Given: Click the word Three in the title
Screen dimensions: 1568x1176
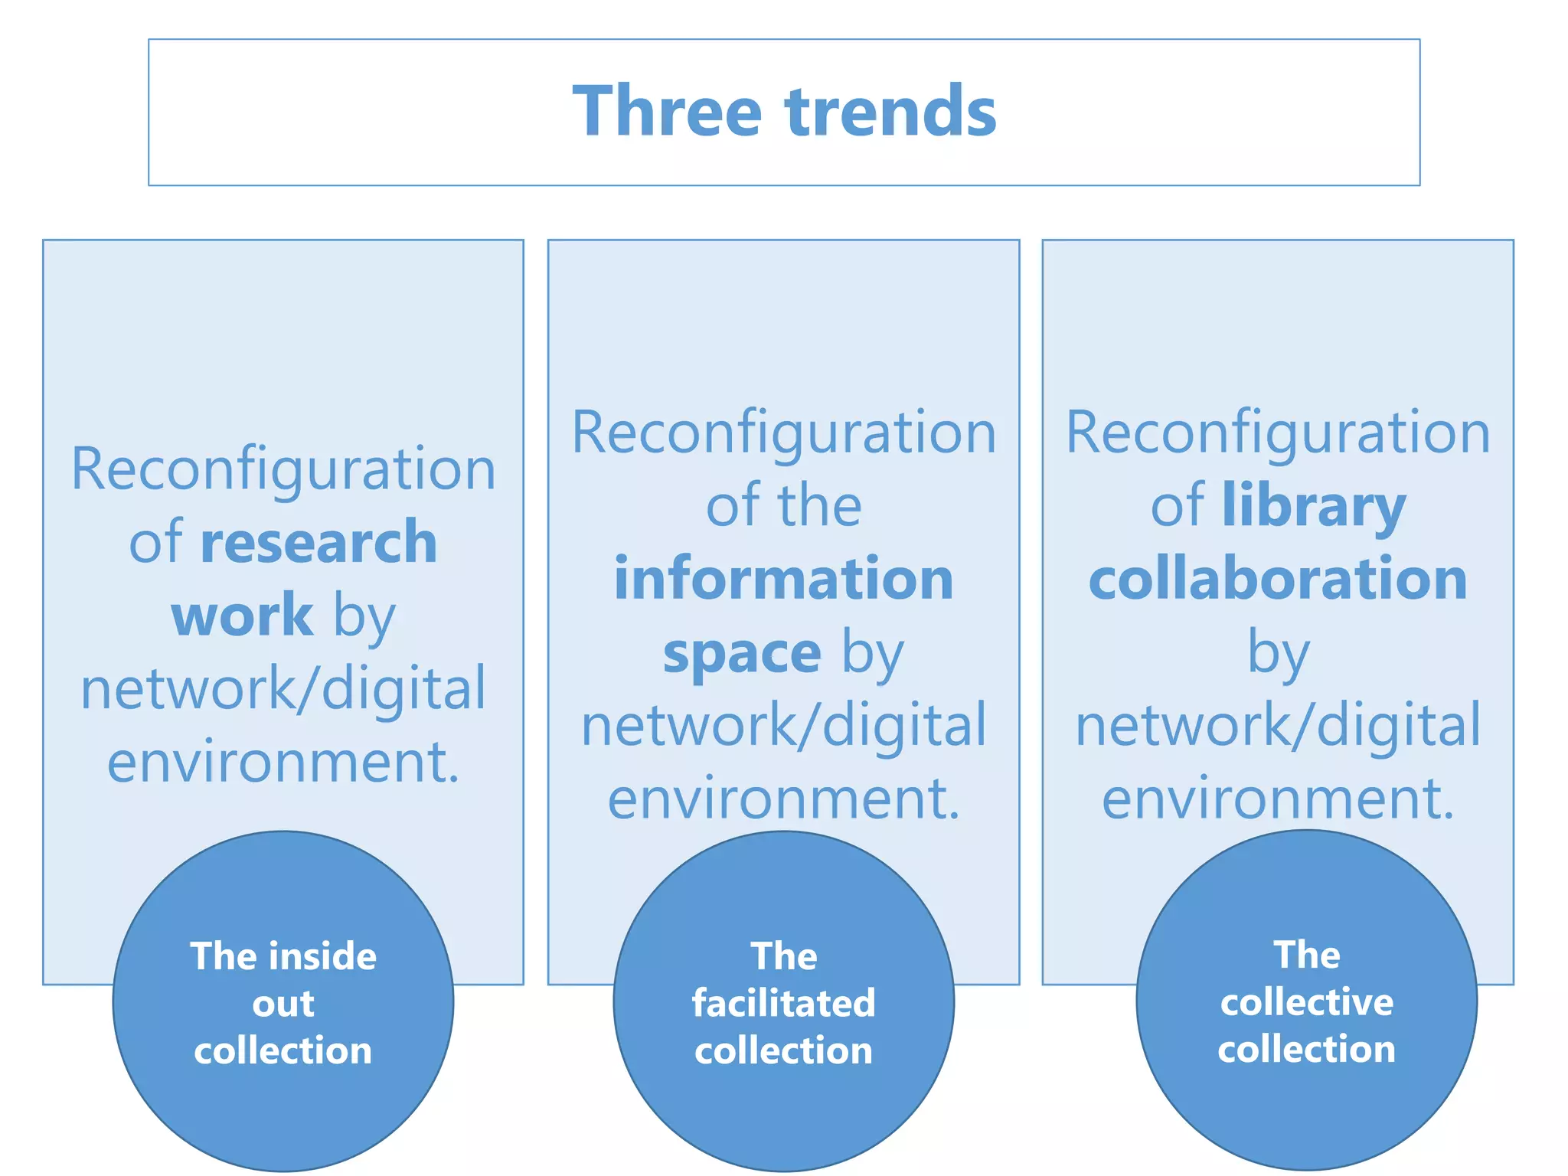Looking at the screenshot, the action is pyautogui.click(x=667, y=112).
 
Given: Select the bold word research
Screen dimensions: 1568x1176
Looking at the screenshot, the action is pyautogui.click(x=318, y=542).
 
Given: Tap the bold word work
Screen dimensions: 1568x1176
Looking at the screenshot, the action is pyautogui.click(x=242, y=615).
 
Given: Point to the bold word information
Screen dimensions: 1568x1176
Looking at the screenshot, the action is pyautogui.click(x=784, y=579).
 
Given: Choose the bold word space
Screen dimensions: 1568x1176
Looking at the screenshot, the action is pyautogui.click(x=742, y=653).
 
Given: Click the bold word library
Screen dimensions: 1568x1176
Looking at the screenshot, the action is pyautogui.click(x=1314, y=506).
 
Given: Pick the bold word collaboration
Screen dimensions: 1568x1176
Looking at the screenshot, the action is pyautogui.click(x=1278, y=579).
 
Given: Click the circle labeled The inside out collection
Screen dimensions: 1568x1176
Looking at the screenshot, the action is pyautogui.click(x=283, y=1110).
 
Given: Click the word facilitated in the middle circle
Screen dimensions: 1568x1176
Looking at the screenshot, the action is pyautogui.click(x=783, y=1003).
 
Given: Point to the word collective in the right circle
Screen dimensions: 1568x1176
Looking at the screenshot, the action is pyautogui.click(x=1306, y=1002).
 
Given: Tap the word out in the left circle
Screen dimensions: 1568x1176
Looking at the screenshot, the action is pyautogui.click(x=283, y=1004).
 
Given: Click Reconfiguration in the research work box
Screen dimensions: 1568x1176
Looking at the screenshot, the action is pyautogui.click(x=283, y=469).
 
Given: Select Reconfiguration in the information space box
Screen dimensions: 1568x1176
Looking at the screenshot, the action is pyautogui.click(x=784, y=432).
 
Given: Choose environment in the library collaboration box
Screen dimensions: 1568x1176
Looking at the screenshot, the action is pyautogui.click(x=1278, y=799).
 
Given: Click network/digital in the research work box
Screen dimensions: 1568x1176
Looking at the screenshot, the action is pyautogui.click(x=283, y=688).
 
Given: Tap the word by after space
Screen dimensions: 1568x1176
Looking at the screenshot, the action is pyautogui.click(x=873, y=653).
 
